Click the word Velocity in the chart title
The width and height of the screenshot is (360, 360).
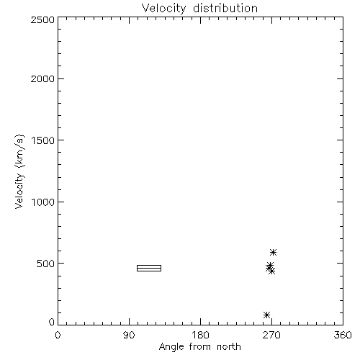point(163,9)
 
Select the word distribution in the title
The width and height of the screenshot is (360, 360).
point(225,8)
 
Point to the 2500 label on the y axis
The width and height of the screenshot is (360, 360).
point(42,19)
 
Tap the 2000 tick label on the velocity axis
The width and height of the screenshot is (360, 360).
point(42,79)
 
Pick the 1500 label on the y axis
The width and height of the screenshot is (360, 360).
point(43,140)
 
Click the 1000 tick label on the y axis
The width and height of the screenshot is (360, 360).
point(43,202)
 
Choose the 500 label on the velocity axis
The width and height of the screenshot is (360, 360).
point(46,264)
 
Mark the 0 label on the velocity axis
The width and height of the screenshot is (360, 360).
point(52,322)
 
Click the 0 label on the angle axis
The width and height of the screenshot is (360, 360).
point(58,335)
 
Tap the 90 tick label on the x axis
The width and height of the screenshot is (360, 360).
point(129,335)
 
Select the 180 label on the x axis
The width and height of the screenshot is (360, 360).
point(200,335)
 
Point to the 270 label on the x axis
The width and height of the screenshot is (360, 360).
point(271,335)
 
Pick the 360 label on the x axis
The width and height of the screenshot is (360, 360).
point(343,335)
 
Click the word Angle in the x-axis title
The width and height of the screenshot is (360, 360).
point(171,348)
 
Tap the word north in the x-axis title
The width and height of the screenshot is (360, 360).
point(229,347)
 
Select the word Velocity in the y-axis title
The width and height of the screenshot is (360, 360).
point(19,191)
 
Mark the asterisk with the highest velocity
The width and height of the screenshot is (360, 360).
point(273,252)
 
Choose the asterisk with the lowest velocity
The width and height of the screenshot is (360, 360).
point(266,315)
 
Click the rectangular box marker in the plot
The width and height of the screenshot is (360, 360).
point(149,265)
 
